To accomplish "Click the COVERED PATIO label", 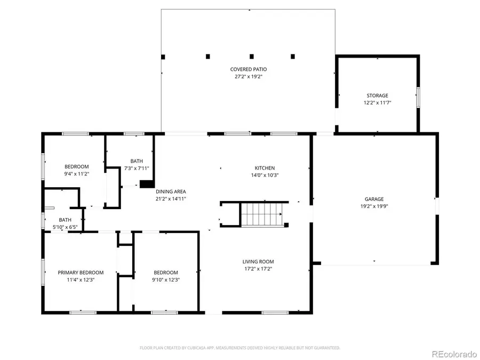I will coord(248,69).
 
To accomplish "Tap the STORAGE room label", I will coord(377,95).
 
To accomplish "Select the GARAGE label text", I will coord(374,199).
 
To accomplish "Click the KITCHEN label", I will coord(265,167).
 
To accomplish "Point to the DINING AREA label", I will coord(171,191).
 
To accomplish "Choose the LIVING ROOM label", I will coord(258,261).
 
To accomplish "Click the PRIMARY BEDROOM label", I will coord(81,273).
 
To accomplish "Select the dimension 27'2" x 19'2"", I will coord(248,77).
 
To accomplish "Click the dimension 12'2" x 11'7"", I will coord(377,102).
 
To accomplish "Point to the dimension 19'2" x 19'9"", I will coord(374,206).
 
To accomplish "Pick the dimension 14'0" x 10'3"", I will coord(265,175).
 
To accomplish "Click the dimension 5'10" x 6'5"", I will coord(65,227).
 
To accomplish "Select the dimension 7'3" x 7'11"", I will coord(137,168).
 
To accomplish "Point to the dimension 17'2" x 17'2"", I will coord(258,269).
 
